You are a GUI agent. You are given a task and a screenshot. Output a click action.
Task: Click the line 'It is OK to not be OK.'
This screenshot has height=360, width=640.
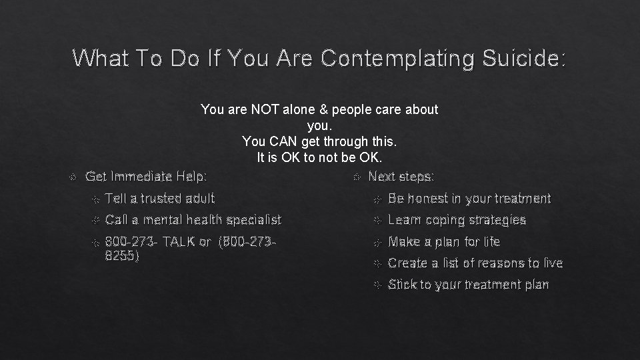(319, 158)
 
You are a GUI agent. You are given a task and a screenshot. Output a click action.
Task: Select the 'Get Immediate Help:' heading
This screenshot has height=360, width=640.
(147, 177)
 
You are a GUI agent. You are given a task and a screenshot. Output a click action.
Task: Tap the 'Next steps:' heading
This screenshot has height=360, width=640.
(401, 177)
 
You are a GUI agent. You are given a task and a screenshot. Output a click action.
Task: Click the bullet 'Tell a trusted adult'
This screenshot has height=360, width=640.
(160, 198)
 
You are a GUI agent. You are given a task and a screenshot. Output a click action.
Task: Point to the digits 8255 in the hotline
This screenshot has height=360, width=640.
(122, 255)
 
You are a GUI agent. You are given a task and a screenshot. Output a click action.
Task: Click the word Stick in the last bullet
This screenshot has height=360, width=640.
(403, 285)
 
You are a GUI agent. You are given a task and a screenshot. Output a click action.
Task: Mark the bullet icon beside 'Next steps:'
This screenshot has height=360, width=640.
(356, 177)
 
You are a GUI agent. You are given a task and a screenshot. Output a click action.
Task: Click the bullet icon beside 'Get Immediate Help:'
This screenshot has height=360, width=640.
(73, 177)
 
